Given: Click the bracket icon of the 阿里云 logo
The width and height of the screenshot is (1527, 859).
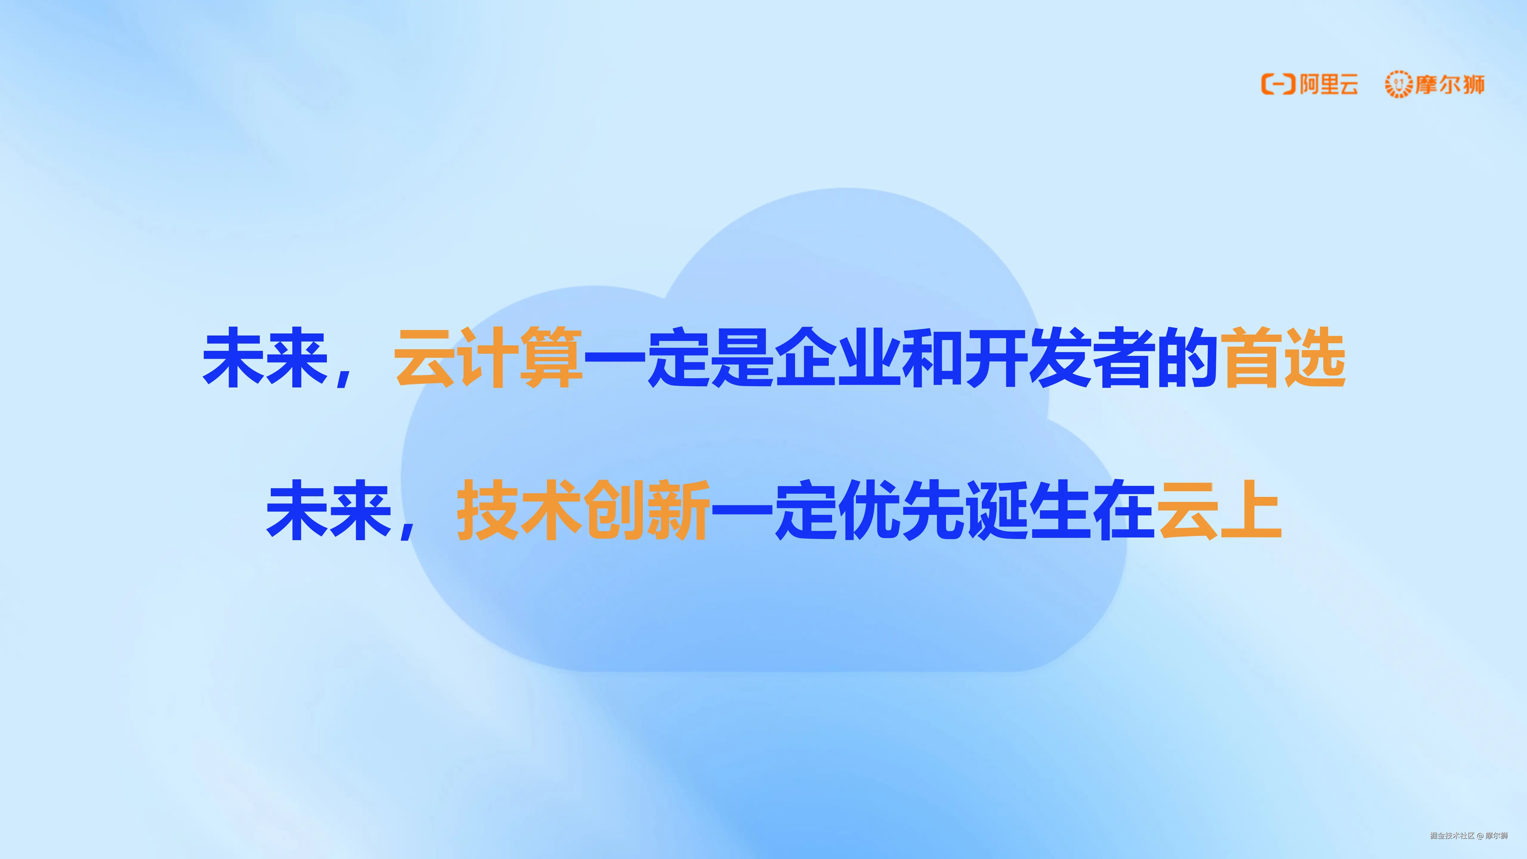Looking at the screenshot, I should coord(1278,84).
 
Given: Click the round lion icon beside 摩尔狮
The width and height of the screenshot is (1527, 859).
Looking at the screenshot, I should coord(1398,84).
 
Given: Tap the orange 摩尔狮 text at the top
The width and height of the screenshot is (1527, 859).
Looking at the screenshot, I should coord(1450,84).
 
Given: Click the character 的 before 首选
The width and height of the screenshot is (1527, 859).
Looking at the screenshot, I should coord(1187,358).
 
